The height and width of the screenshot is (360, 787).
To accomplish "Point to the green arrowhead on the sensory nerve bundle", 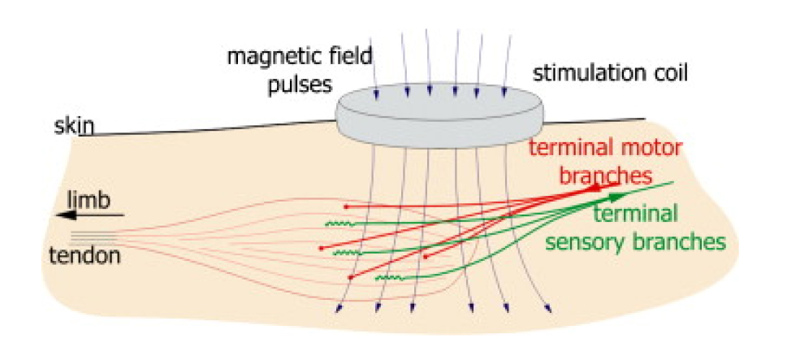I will point(617,196).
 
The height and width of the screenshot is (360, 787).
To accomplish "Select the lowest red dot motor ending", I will point(350,277).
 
